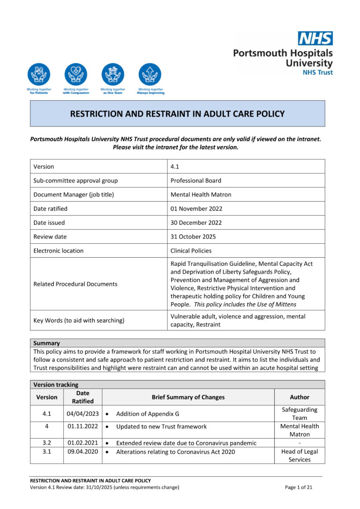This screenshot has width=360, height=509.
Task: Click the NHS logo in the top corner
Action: tap(315, 38)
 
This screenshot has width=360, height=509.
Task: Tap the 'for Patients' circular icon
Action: tap(38, 75)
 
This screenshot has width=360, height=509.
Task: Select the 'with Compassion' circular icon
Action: tap(75, 75)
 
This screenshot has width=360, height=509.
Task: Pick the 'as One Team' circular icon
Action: tap(113, 75)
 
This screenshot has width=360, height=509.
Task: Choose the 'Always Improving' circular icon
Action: tap(150, 75)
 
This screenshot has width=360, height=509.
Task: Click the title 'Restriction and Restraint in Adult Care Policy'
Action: tap(177, 113)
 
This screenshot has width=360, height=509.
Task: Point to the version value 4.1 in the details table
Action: tap(175, 166)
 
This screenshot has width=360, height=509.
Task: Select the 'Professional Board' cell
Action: tap(195, 180)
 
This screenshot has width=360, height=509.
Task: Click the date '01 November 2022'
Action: tap(196, 209)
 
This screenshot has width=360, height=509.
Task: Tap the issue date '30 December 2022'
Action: tap(196, 223)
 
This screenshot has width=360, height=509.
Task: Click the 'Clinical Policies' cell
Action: tap(191, 251)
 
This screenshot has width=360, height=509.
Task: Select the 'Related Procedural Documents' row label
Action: tap(75, 284)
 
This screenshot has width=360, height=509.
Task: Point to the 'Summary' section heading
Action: tap(46, 343)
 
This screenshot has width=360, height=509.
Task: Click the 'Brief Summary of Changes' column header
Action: tap(188, 397)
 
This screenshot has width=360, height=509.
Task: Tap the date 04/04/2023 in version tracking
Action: tap(82, 413)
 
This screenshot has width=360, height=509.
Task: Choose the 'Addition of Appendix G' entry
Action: tap(148, 414)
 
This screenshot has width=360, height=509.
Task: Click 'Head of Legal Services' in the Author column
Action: tap(300, 456)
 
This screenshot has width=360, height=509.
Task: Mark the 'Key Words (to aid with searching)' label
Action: tap(79, 321)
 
